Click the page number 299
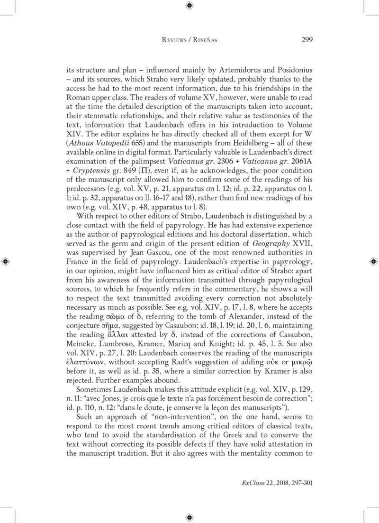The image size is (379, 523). pyautogui.click(x=306, y=40)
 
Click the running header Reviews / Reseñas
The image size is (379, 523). pyautogui.click(x=189, y=40)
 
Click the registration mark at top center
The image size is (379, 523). pyautogui.click(x=189, y=5)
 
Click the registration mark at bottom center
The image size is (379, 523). pyautogui.click(x=189, y=517)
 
